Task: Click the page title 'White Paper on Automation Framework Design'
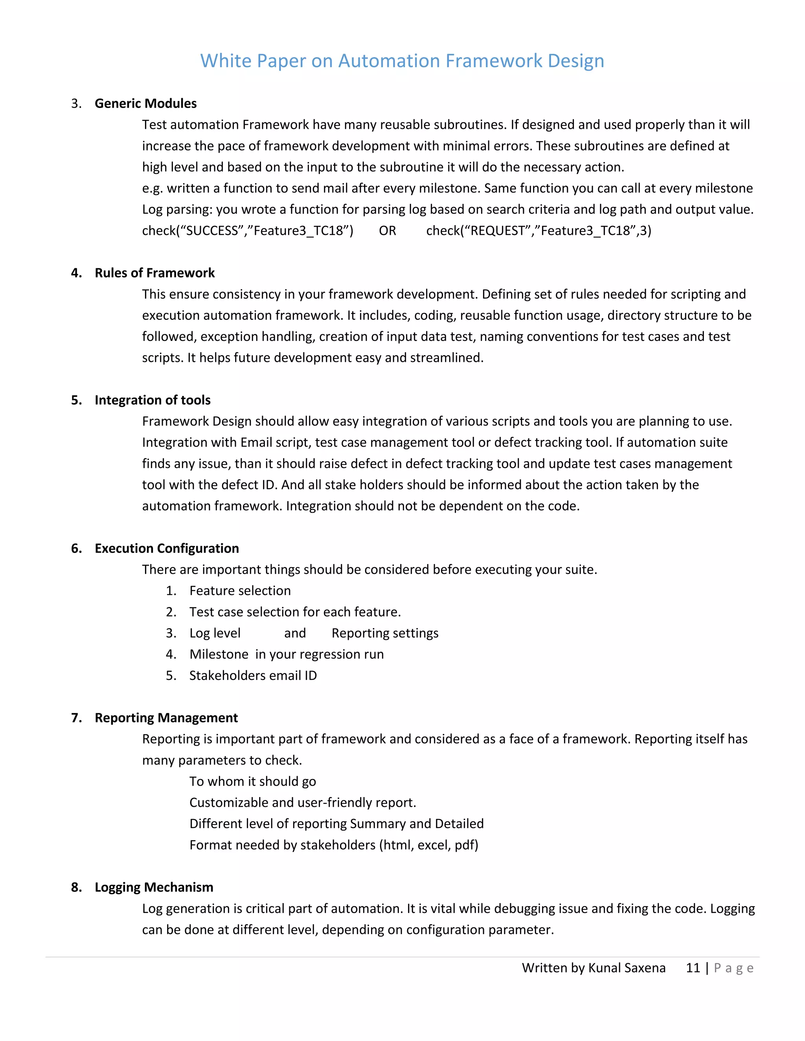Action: pos(402,61)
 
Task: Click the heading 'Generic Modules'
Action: pos(145,103)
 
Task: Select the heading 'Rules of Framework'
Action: pos(154,273)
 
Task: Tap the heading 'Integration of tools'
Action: pos(153,400)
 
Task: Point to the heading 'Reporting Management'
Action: pos(166,718)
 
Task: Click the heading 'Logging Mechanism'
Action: pos(154,887)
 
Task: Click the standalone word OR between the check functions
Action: pos(387,231)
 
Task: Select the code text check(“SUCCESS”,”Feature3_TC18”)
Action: pos(248,231)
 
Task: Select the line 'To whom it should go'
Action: pos(252,781)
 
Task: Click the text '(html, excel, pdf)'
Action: pos(429,845)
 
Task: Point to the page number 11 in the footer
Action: pos(693,968)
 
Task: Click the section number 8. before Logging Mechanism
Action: pos(76,887)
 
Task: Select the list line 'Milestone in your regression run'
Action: pos(286,654)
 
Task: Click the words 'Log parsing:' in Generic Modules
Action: pos(177,210)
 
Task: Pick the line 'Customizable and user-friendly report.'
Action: pos(302,803)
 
